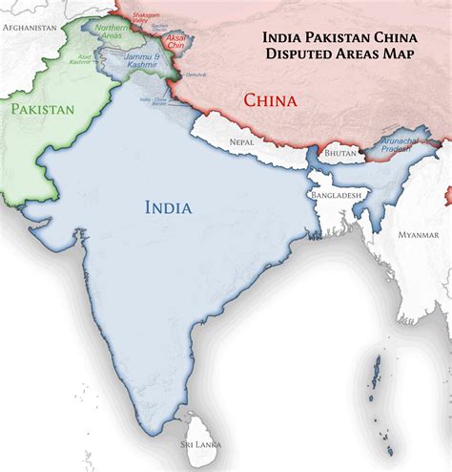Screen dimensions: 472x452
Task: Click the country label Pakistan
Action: pyautogui.click(x=43, y=110)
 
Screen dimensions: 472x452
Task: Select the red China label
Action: pyautogui.click(x=270, y=99)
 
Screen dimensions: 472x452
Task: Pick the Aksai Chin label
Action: pyautogui.click(x=177, y=42)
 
